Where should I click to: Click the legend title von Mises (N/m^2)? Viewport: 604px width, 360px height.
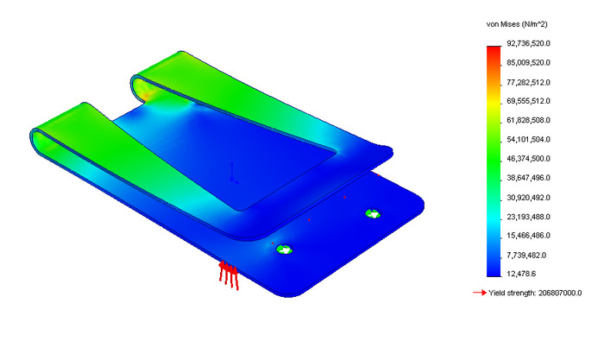click(x=517, y=24)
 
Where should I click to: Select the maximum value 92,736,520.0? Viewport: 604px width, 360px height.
click(x=528, y=43)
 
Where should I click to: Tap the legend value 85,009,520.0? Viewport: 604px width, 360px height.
click(x=528, y=62)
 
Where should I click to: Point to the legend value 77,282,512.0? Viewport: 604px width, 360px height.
click(x=528, y=83)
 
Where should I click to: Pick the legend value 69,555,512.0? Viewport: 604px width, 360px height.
click(x=528, y=101)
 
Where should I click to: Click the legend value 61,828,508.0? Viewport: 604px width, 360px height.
click(x=528, y=120)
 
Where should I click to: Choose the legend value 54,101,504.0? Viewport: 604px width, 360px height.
click(x=528, y=140)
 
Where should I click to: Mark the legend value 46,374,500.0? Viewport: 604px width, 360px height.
click(x=528, y=159)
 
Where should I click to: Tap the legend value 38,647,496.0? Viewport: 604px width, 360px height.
click(x=528, y=178)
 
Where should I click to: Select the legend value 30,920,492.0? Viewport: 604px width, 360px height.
click(x=528, y=198)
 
